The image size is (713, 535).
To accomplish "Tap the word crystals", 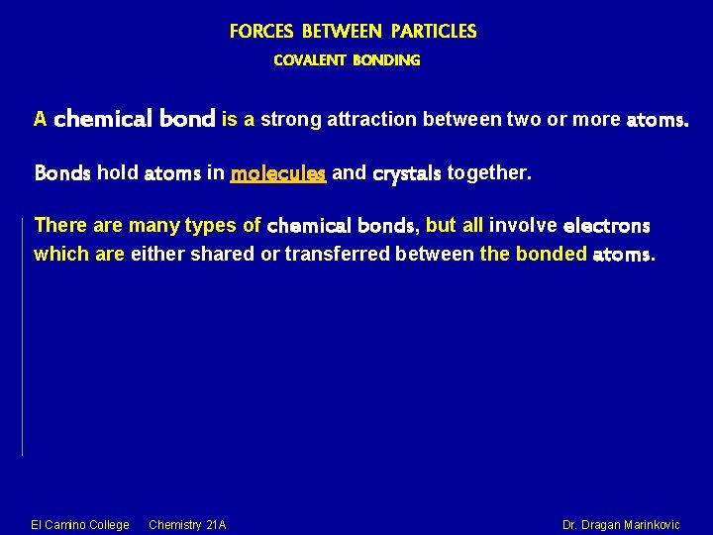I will click(407, 174).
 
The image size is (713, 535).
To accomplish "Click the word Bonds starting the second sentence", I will click(62, 174).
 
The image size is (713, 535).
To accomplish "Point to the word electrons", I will click(606, 226).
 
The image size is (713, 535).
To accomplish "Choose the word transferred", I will click(337, 255).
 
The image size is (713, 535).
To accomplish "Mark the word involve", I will click(523, 225).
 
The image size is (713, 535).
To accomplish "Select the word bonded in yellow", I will click(551, 255).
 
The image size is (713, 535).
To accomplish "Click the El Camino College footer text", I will click(80, 524).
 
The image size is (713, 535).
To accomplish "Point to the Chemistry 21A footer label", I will click(187, 524).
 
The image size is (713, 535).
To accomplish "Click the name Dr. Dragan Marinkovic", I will click(621, 524).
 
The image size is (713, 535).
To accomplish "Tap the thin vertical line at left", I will click(22, 337).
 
